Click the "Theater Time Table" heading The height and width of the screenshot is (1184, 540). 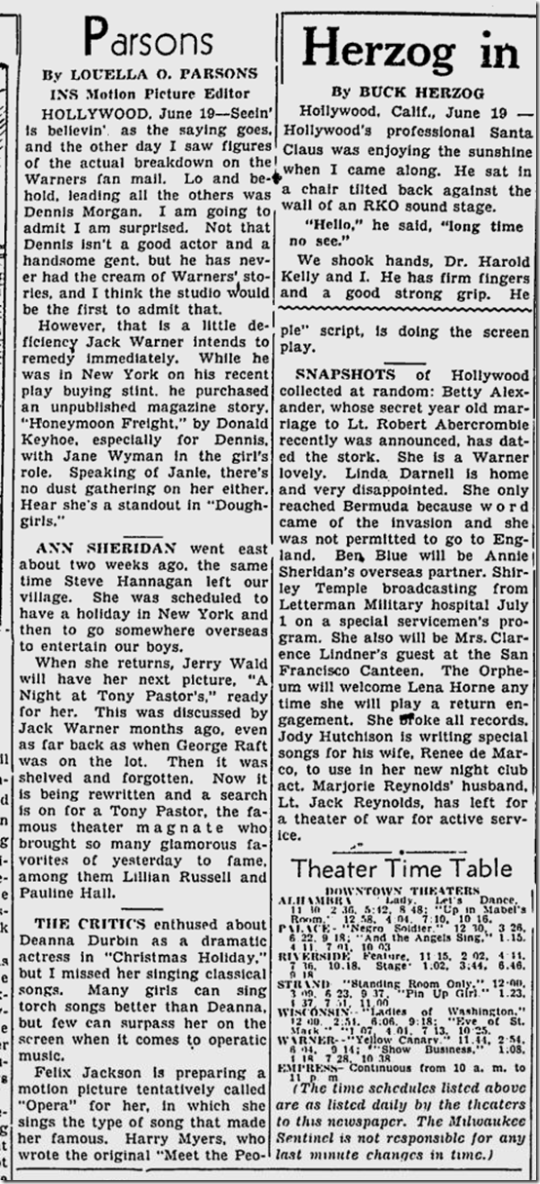click(402, 868)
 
